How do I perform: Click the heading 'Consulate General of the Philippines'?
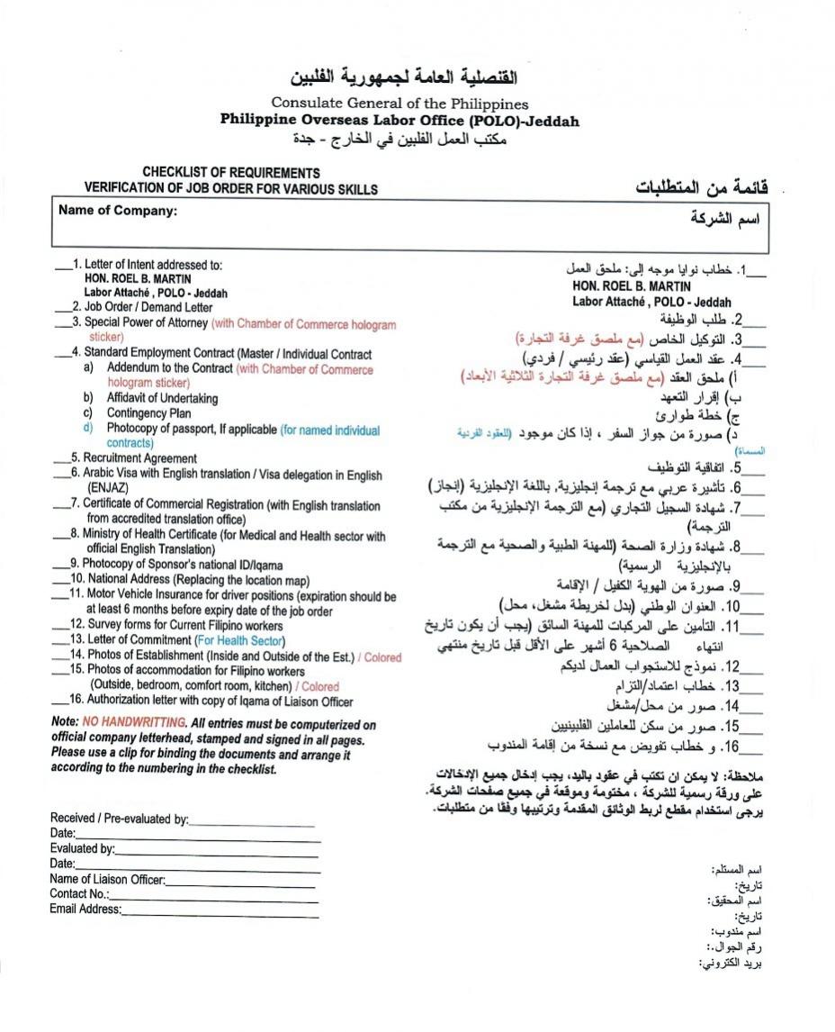[x=400, y=104]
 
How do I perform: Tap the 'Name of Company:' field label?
[x=118, y=211]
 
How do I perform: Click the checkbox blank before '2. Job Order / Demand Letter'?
[x=62, y=308]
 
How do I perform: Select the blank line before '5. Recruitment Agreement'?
[x=62, y=458]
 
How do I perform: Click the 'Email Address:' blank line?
[x=220, y=911]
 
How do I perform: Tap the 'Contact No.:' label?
[x=79, y=894]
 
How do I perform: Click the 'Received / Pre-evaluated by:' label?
[x=119, y=819]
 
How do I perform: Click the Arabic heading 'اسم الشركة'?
[x=725, y=218]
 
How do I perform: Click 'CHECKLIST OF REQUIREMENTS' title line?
[x=230, y=172]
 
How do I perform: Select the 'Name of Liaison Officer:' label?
[x=107, y=880]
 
